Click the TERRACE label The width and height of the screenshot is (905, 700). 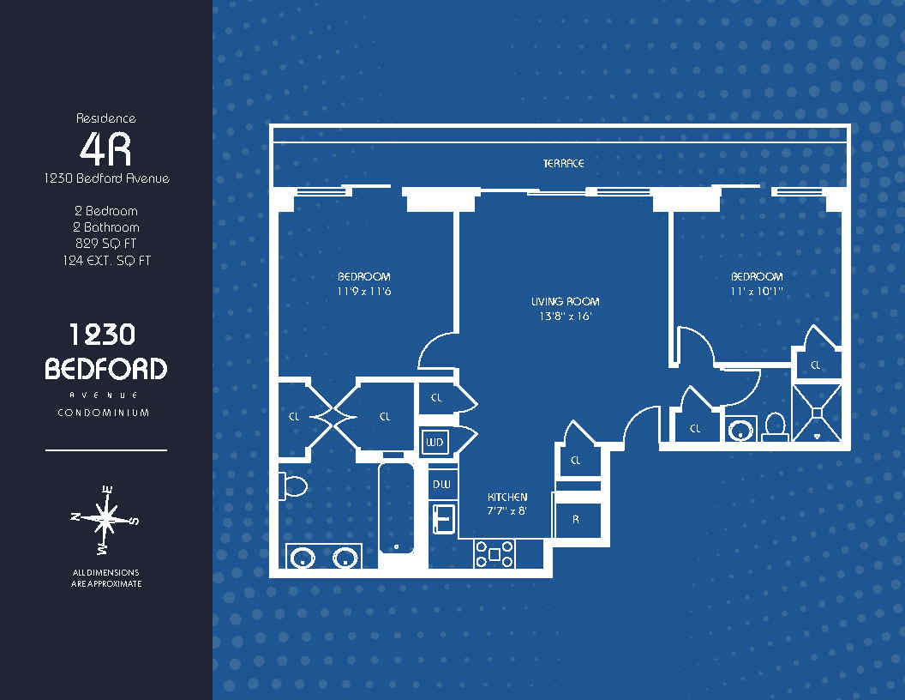coord(564,164)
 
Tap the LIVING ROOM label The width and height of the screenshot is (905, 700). coord(565,301)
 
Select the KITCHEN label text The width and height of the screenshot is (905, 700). coord(507,497)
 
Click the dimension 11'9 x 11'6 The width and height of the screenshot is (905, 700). coord(363,291)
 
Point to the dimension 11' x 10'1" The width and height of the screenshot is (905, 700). coord(757,291)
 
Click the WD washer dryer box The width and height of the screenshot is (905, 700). coord(435,443)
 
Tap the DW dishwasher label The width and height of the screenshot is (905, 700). coord(441,485)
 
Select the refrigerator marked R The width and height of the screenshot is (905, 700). coord(577,520)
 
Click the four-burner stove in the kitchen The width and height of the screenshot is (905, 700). coord(494,554)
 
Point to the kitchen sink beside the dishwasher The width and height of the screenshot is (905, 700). coord(444,517)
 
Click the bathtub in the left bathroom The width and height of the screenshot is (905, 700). coord(397,508)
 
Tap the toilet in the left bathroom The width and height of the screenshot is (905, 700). coord(293,486)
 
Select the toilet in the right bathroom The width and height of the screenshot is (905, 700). coord(775,427)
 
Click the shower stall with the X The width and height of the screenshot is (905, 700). coord(817,413)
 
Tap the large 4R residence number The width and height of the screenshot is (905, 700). coord(105,149)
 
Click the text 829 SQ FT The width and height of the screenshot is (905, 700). coord(106,244)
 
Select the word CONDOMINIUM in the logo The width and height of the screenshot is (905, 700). coord(104,413)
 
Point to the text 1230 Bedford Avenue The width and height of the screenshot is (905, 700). coord(107,178)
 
